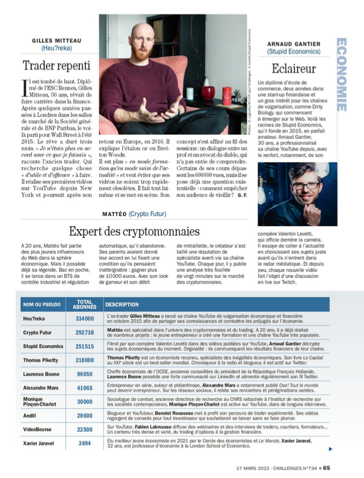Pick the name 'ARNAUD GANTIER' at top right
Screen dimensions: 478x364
(x=293, y=44)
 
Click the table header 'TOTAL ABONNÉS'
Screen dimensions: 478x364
(x=84, y=305)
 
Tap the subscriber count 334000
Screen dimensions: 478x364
(x=84, y=319)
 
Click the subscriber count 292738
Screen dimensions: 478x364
(x=84, y=333)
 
